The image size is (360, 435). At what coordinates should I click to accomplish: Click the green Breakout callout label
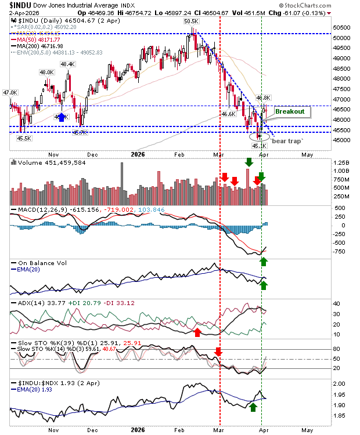pos(289,111)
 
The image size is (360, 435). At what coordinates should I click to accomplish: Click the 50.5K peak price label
pos(191,21)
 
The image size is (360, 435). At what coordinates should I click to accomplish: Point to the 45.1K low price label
pos(259,146)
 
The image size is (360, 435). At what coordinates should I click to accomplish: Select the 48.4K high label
pos(68,64)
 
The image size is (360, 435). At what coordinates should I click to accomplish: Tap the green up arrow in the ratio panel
pos(253,407)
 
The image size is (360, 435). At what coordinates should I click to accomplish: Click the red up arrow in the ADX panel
pos(197,332)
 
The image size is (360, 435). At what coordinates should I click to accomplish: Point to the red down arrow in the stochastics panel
pos(218,351)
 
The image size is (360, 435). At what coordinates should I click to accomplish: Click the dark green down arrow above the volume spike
pos(249,163)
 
